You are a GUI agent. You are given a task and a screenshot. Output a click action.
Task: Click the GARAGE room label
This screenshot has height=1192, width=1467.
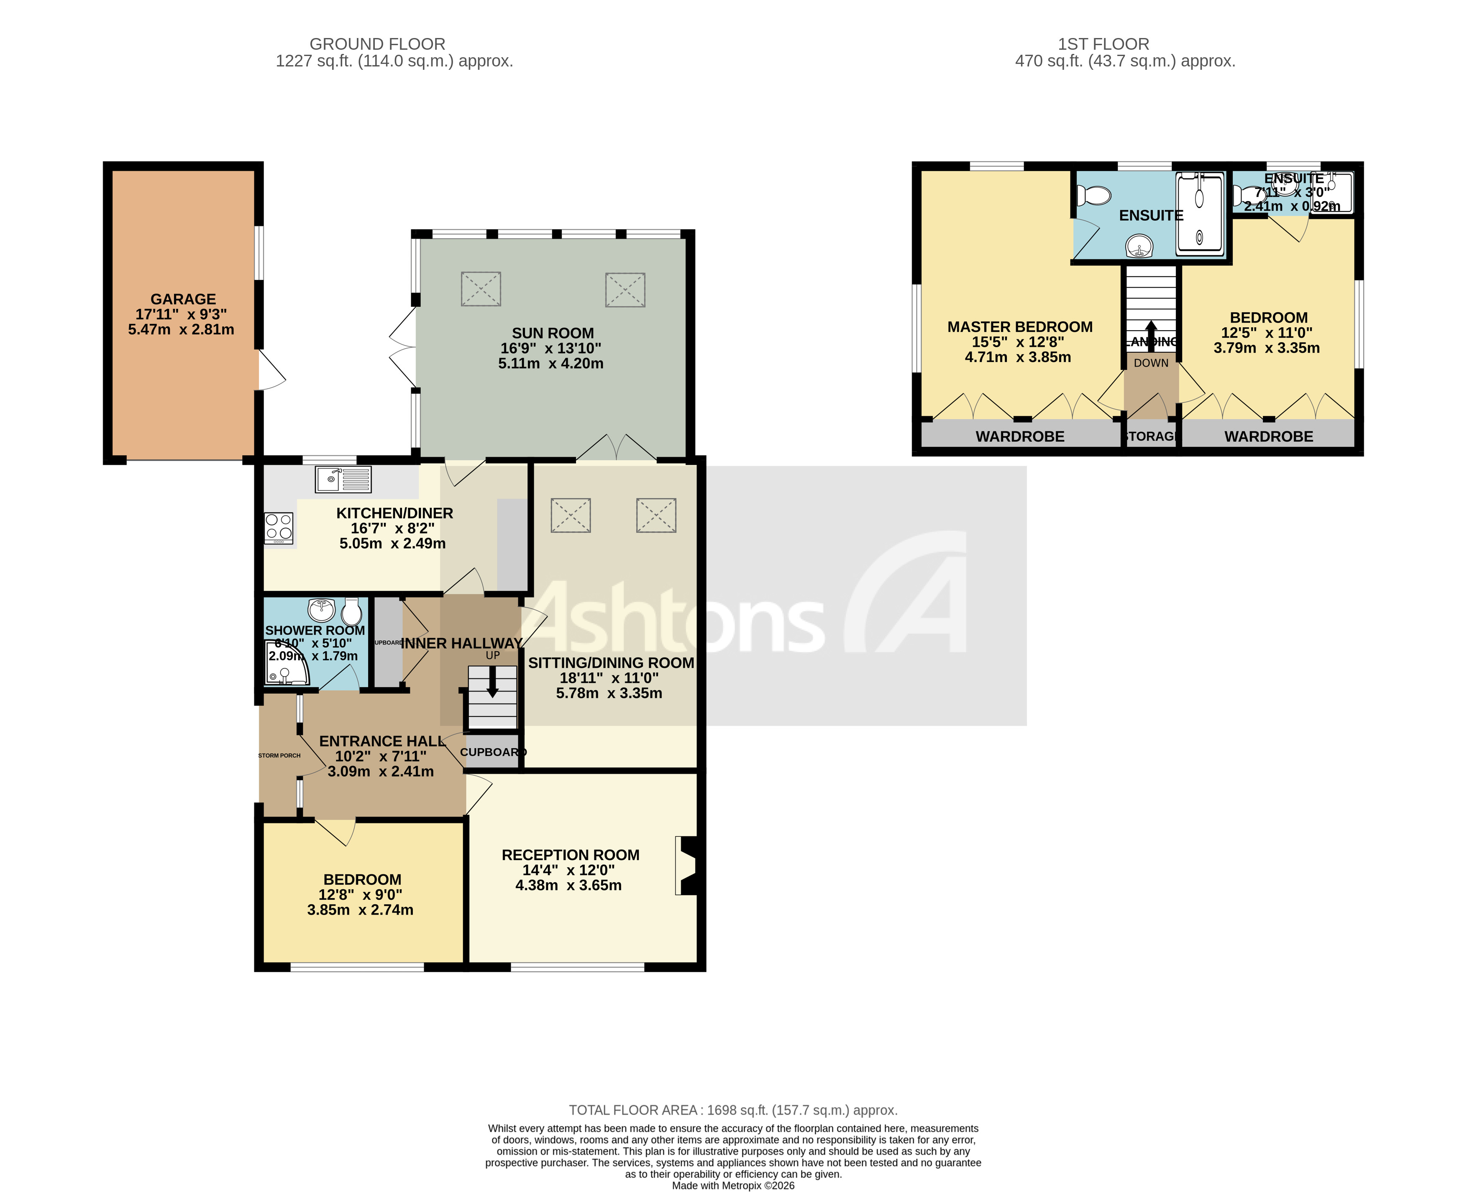(183, 299)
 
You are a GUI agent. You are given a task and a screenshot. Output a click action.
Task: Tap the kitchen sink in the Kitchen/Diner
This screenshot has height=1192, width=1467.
(343, 479)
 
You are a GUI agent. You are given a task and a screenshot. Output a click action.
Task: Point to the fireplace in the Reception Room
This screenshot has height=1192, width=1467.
(688, 865)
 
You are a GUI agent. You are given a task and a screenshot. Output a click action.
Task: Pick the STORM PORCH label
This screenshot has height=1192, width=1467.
(279, 755)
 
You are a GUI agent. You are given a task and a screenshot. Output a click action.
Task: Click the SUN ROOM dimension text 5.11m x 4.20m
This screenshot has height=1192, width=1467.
(550, 363)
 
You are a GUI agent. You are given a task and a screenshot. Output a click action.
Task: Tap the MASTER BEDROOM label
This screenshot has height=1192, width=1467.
(1020, 327)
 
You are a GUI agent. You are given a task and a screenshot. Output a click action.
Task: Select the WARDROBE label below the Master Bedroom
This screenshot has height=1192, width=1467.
(1020, 437)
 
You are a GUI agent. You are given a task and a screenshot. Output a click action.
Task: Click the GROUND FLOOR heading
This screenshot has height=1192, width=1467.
(377, 44)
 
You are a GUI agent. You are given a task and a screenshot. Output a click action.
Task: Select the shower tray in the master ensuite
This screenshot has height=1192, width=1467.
(1200, 214)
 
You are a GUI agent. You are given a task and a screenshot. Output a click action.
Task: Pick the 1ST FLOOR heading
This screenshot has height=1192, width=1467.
(1103, 44)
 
